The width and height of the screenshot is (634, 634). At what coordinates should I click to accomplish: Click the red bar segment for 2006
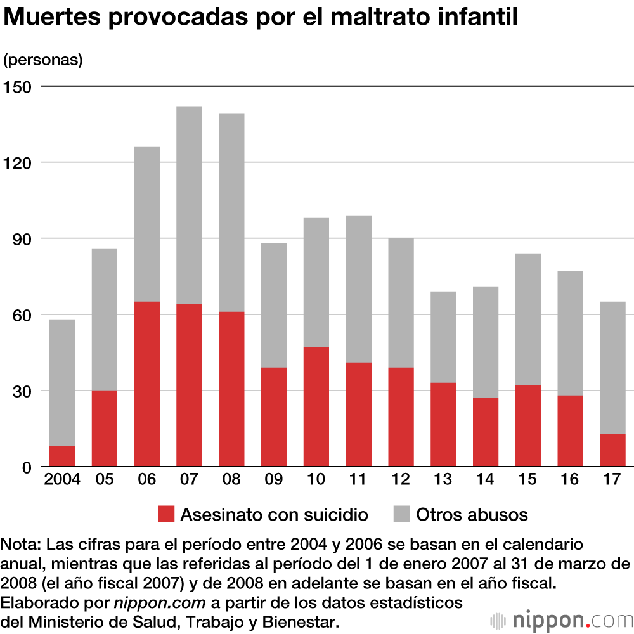(x=146, y=384)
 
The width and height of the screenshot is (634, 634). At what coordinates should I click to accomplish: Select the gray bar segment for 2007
(x=189, y=205)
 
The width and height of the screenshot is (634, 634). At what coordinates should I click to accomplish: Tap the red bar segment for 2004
(x=62, y=456)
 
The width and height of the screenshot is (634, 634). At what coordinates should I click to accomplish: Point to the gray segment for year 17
(x=612, y=368)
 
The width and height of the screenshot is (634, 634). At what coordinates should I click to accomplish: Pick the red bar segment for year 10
(x=316, y=407)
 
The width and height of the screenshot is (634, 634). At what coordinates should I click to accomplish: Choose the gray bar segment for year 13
(x=443, y=337)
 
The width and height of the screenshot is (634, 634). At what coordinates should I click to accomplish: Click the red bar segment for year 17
(x=612, y=450)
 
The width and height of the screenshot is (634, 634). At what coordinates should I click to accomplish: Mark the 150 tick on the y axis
(x=17, y=86)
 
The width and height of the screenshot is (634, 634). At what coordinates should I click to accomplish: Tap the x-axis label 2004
(x=62, y=479)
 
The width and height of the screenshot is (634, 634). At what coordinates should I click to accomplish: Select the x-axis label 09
(x=274, y=479)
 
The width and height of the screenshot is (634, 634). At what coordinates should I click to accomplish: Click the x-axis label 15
(x=527, y=479)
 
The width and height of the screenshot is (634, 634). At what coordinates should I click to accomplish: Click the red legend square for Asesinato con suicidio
(x=165, y=514)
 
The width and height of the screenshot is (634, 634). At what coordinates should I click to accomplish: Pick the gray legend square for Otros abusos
(x=401, y=514)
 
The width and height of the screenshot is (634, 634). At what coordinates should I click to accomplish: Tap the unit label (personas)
(x=43, y=60)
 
